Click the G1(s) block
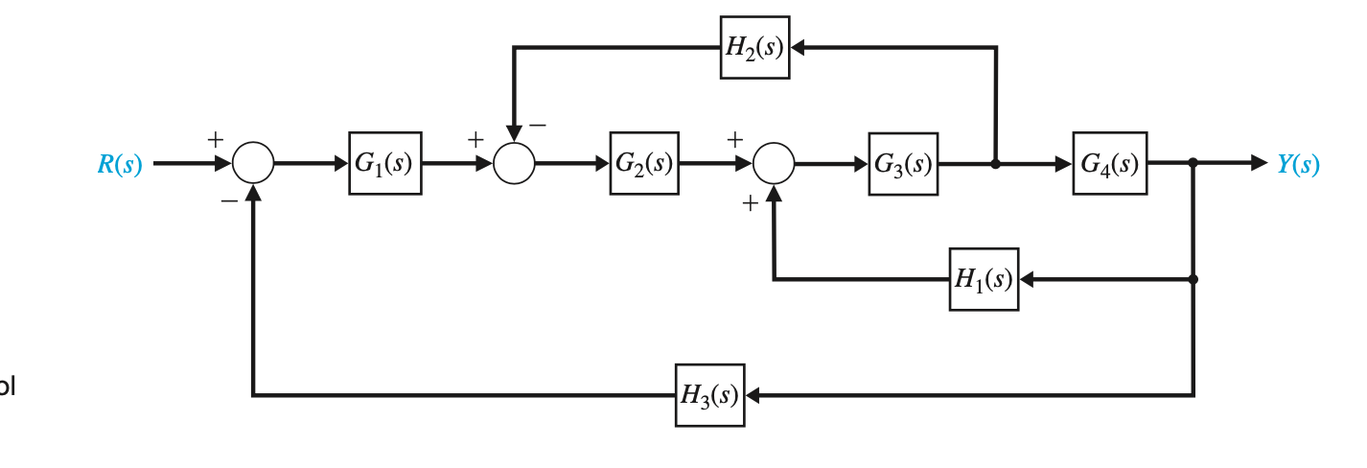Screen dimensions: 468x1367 point(384,164)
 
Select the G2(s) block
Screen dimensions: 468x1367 point(644,164)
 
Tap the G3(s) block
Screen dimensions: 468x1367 point(903,164)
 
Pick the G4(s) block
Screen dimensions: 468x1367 point(1109,164)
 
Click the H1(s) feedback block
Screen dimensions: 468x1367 point(984,279)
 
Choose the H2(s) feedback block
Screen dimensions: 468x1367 point(754,47)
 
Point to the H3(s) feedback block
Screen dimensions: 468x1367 point(709,395)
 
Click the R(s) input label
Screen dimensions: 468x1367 point(120,165)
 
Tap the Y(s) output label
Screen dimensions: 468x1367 point(1298,165)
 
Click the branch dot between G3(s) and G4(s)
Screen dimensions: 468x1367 point(995,164)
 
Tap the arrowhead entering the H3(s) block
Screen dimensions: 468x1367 point(753,395)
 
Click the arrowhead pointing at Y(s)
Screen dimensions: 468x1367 point(1260,164)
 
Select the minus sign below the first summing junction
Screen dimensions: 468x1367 point(228,202)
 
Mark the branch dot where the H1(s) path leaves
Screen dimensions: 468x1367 point(1193,279)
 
